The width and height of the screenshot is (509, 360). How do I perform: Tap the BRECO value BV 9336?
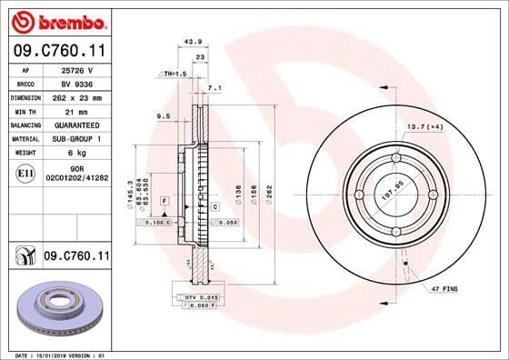pyautogui.click(x=74, y=82)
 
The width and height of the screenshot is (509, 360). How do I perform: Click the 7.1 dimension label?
pyautogui.click(x=215, y=89)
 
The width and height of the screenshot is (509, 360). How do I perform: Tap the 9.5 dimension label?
pyautogui.click(x=164, y=116)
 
